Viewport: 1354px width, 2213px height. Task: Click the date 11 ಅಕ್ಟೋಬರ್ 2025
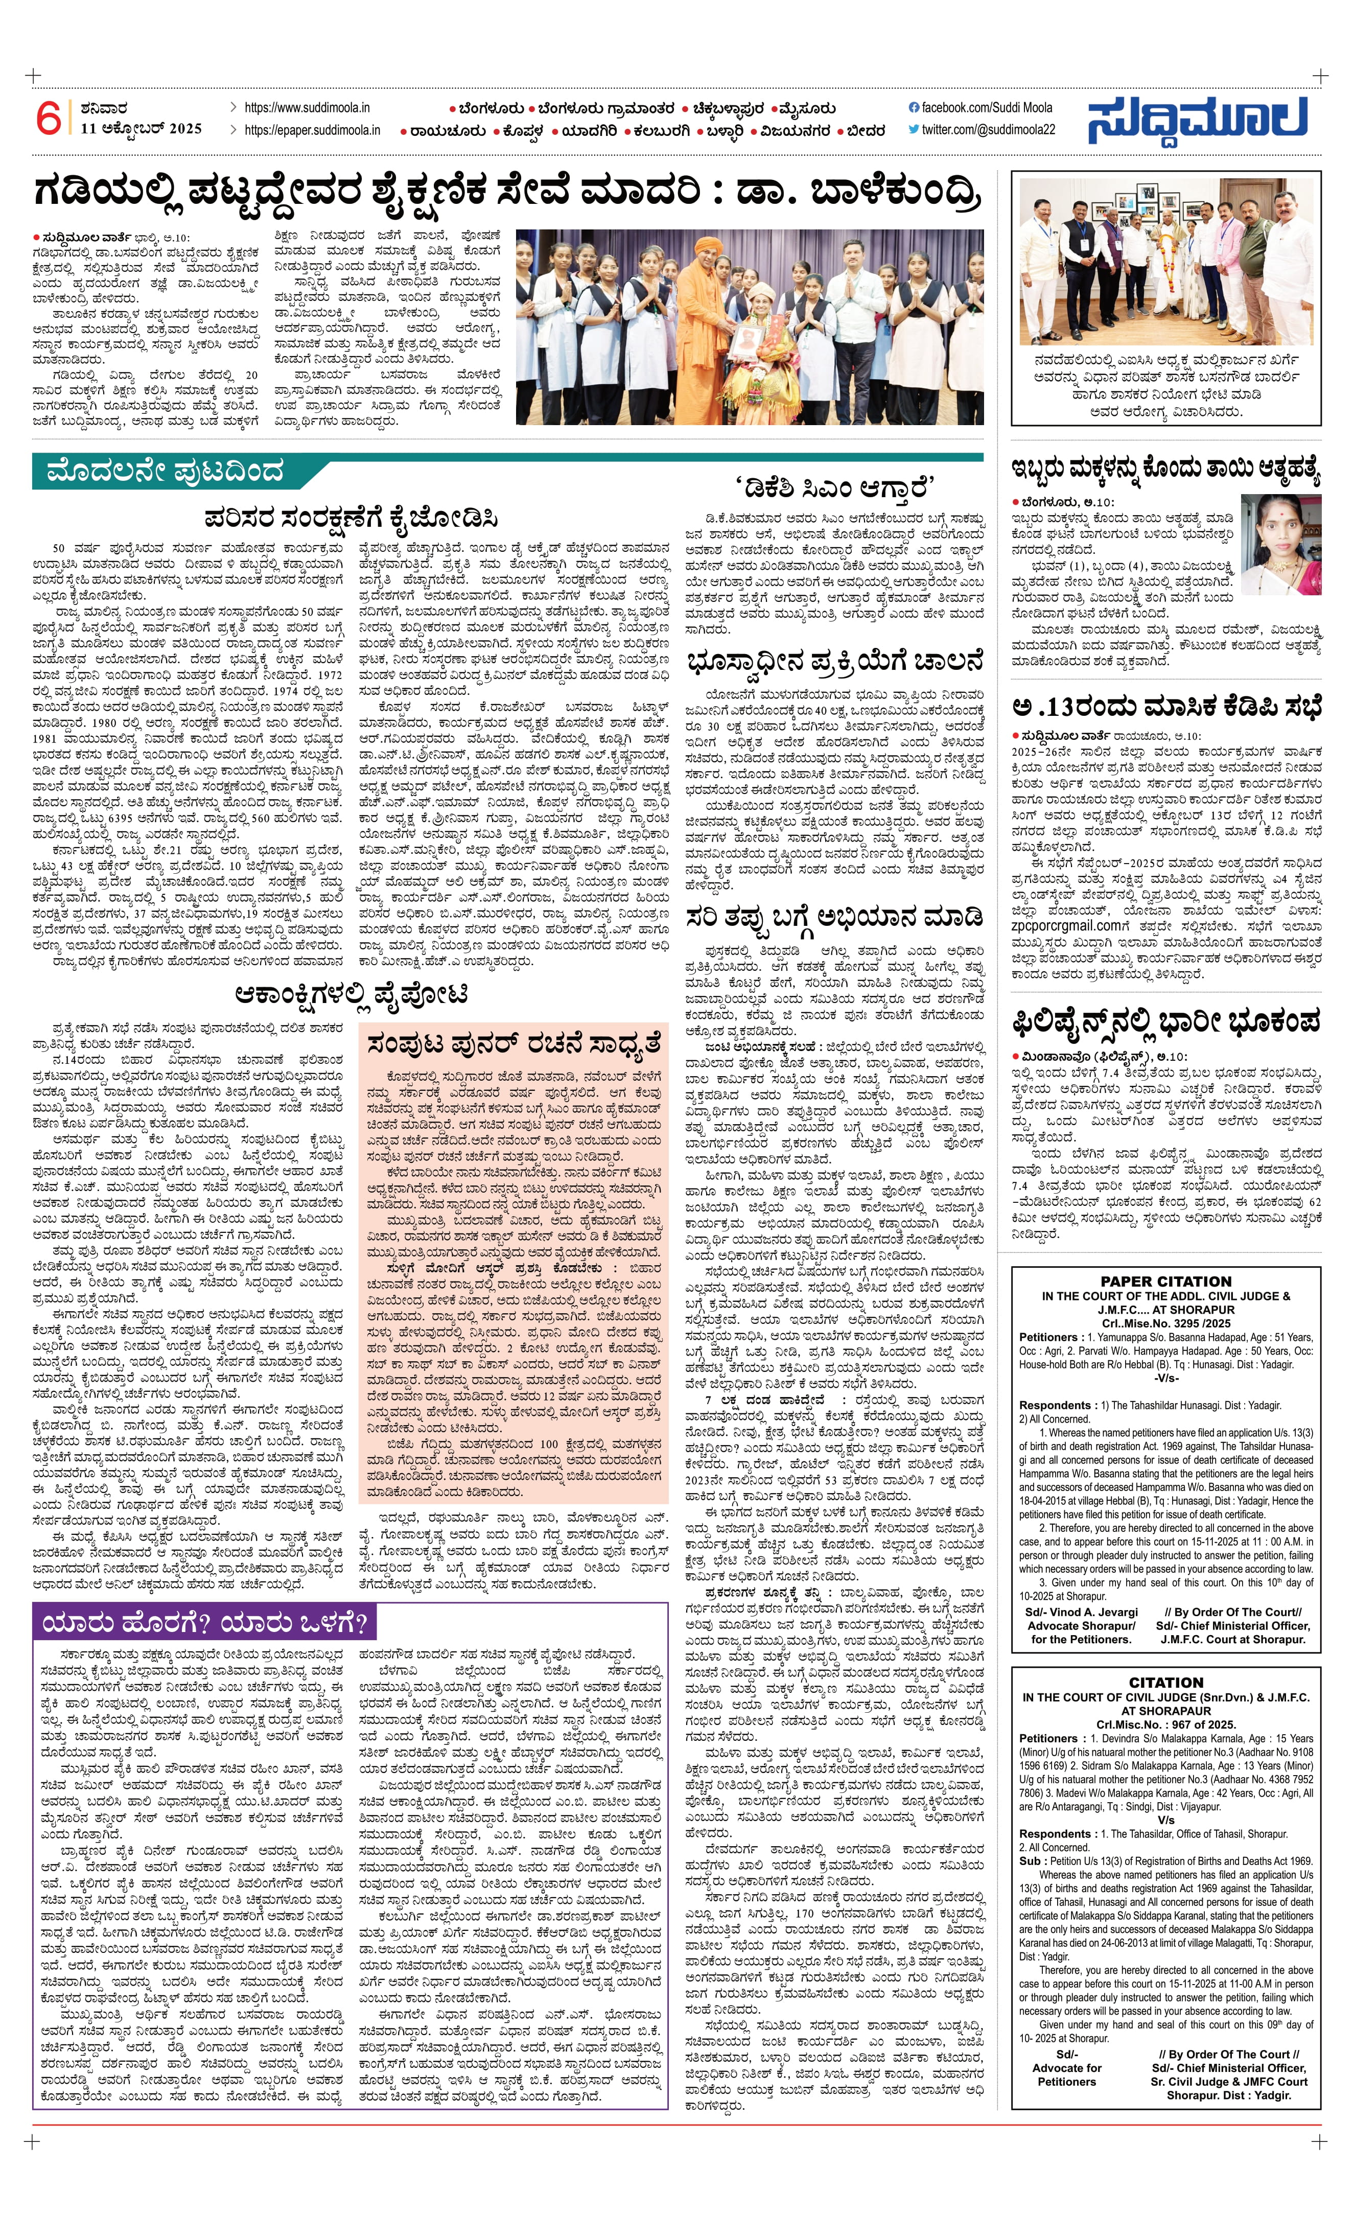(141, 128)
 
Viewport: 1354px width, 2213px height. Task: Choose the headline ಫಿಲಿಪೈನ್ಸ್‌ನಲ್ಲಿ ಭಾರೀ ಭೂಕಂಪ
(1165, 1021)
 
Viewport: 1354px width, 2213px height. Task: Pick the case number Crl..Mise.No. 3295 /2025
(1165, 1323)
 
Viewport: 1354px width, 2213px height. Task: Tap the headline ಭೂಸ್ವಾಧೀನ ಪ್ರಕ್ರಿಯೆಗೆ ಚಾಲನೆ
(834, 662)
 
